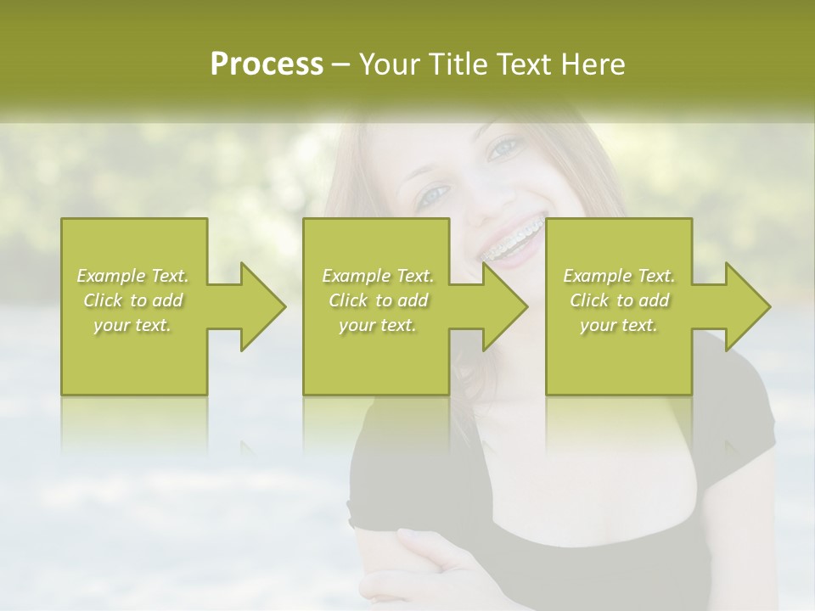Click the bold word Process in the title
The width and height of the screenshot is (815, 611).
(267, 64)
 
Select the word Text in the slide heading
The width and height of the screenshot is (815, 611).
(526, 64)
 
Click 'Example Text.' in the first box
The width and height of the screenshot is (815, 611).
(132, 276)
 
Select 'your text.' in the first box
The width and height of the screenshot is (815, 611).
(132, 325)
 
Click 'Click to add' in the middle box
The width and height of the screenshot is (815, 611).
(378, 300)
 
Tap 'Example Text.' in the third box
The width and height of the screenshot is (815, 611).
(619, 276)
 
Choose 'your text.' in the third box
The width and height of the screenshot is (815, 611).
(619, 325)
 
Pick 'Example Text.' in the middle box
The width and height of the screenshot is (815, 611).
(378, 276)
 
